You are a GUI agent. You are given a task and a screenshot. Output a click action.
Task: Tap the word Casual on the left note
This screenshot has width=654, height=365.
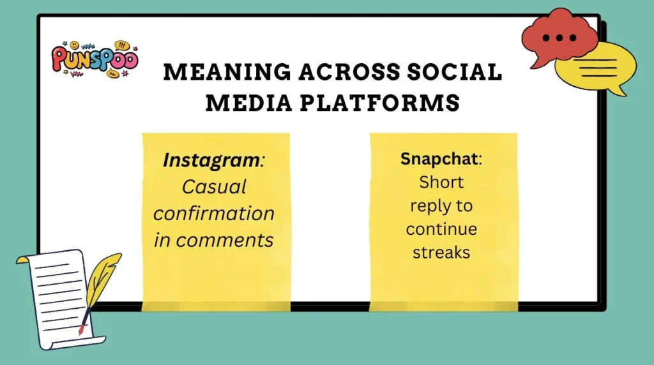pos(214,187)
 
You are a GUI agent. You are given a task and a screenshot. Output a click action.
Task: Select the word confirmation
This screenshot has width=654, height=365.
pos(214,213)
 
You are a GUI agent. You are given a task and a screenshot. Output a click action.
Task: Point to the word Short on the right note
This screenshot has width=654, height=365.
pos(441,182)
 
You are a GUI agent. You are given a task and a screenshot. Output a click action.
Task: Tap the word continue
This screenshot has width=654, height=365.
pos(441,228)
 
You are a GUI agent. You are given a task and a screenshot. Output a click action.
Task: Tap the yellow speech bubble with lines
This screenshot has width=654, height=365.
pos(597,67)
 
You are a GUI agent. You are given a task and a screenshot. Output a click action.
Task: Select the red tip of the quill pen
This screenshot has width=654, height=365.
pos(81,330)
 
